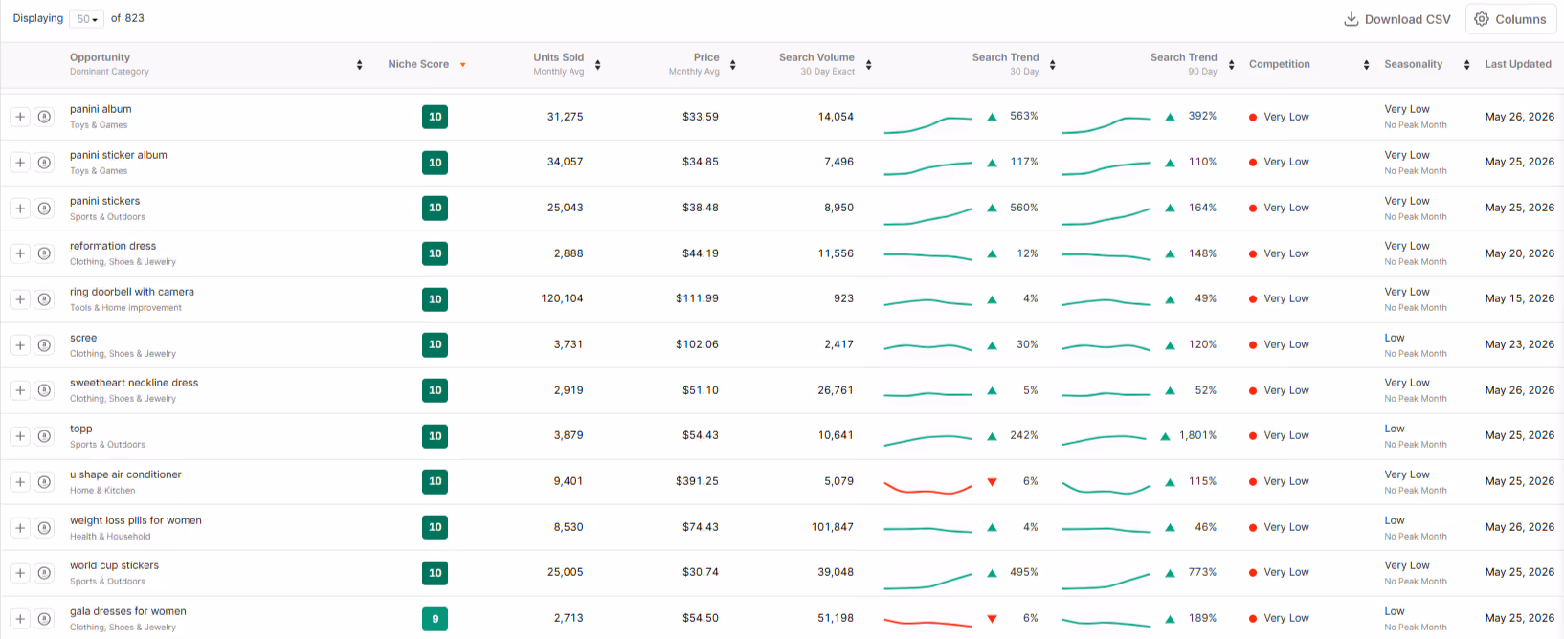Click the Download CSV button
coord(1397,19)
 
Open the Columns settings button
coord(1511,19)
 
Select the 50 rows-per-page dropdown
coord(86,19)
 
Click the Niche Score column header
coord(418,64)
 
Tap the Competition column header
coord(1279,64)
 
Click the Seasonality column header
coord(1413,64)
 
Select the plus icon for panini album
coord(20,117)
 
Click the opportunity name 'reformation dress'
coord(113,246)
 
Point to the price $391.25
coord(697,481)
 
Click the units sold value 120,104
coord(562,298)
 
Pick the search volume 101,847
coord(833,527)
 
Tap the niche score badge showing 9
coord(435,619)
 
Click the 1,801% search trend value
coord(1197,435)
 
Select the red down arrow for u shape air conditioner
coord(992,482)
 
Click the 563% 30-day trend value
coord(1023,116)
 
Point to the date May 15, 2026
coord(1519,298)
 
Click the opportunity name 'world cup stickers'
coord(115,565)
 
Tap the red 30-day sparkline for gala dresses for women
coord(927,622)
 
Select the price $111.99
coord(697,298)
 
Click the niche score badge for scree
coord(435,344)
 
